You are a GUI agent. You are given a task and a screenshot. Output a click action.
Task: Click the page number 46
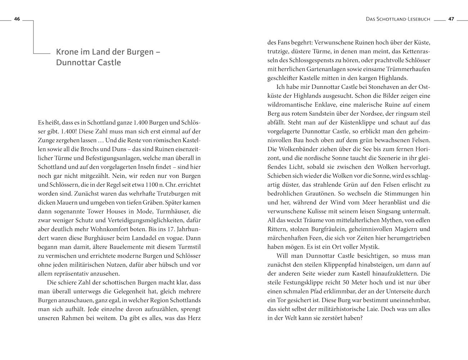(x=17, y=19)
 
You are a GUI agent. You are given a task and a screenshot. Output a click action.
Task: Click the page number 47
(x=451, y=19)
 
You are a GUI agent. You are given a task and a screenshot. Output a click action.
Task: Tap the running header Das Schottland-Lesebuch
(x=398, y=19)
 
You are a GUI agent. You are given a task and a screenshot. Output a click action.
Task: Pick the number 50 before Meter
(x=347, y=282)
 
